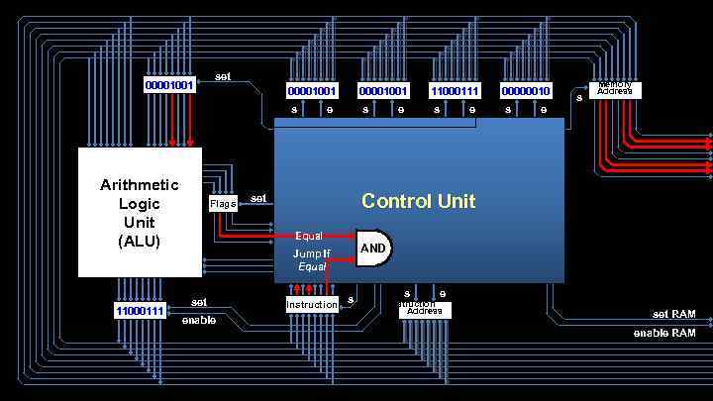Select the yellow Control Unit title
point(418,201)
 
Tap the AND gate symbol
point(374,248)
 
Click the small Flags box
point(223,204)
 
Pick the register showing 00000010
point(526,91)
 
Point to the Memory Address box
point(615,90)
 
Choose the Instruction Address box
point(425,310)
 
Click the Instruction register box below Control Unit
point(312,305)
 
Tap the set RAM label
point(673,314)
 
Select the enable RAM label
point(664,334)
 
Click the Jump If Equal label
point(312,260)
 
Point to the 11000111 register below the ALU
point(140,311)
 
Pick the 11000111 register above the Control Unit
point(455,91)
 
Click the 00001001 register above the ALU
point(169,85)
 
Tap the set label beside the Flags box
point(258,198)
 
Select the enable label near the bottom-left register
point(198,320)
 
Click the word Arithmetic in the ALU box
point(140,185)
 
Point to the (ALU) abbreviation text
point(140,241)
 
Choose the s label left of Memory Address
point(578,96)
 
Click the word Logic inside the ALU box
point(140,204)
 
